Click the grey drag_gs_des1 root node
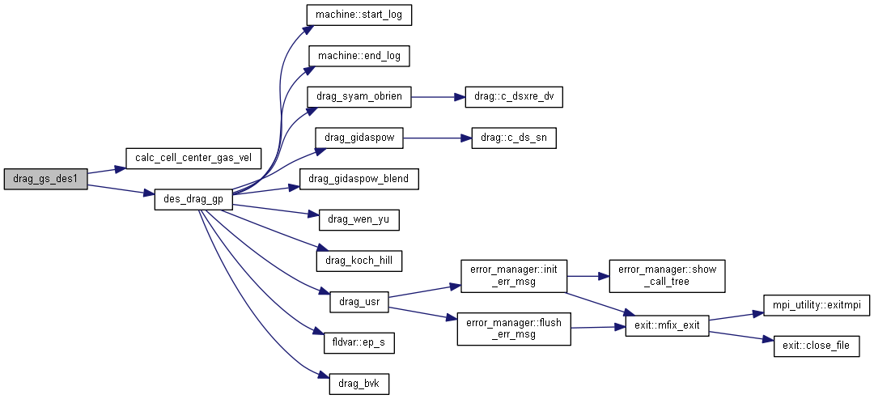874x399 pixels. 45,179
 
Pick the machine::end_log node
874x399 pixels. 358,56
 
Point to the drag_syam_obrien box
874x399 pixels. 359,96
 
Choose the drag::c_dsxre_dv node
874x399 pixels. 512,96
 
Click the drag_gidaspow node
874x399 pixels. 359,138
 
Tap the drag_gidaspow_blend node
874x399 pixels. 359,179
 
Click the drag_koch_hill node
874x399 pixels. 359,261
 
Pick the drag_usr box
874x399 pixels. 359,302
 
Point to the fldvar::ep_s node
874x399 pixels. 359,343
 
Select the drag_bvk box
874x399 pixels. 359,384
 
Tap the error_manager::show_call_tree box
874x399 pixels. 668,276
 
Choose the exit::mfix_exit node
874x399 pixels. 668,327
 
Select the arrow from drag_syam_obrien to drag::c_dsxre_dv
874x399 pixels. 437,96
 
